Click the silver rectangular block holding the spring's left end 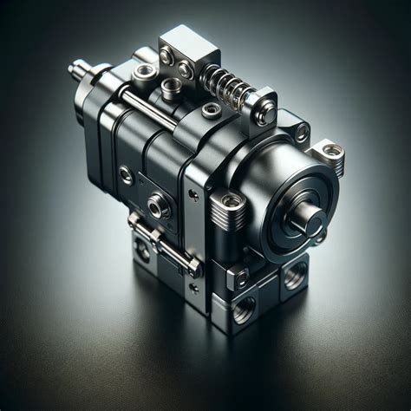pyautogui.click(x=179, y=56)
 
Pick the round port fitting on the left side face pyautogui.click(x=159, y=206)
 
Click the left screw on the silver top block pyautogui.click(x=166, y=57)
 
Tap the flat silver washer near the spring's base pyautogui.click(x=211, y=110)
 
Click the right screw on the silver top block pyautogui.click(x=186, y=68)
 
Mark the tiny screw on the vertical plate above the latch pyautogui.click(x=193, y=197)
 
